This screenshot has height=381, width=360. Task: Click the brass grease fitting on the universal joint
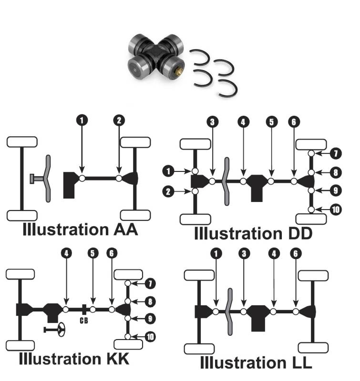point(181,71)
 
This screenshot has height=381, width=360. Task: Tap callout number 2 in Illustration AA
point(119,121)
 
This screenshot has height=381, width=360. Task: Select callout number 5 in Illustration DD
point(271,122)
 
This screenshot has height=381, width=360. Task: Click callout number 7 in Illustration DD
point(335,154)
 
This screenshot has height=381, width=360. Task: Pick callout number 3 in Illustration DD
point(213,122)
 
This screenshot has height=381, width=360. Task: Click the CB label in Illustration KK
point(84,320)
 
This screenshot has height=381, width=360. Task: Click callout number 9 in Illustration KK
point(150,319)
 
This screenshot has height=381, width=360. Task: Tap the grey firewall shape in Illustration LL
point(229,311)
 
